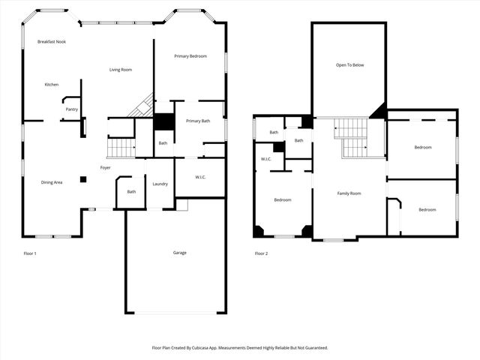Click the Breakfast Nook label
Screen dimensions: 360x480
(52, 42)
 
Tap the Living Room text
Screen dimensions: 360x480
(121, 70)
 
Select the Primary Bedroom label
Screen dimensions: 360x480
(190, 56)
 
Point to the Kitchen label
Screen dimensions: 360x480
(52, 84)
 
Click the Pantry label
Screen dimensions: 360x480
(72, 109)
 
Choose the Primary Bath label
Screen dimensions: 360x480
(198, 121)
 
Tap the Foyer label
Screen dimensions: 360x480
(106, 167)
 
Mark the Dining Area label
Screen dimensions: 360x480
(52, 182)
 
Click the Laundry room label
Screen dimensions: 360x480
(160, 184)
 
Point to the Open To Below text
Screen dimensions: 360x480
(349, 65)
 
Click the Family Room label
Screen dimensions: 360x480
(349, 193)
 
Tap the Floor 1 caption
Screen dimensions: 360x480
(30, 253)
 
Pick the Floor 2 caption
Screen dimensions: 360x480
(261, 253)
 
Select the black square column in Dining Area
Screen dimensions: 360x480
(83, 179)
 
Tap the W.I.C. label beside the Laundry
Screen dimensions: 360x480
(199, 178)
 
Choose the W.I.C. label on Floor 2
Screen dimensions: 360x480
(266, 159)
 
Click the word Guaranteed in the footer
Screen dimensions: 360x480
(313, 348)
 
